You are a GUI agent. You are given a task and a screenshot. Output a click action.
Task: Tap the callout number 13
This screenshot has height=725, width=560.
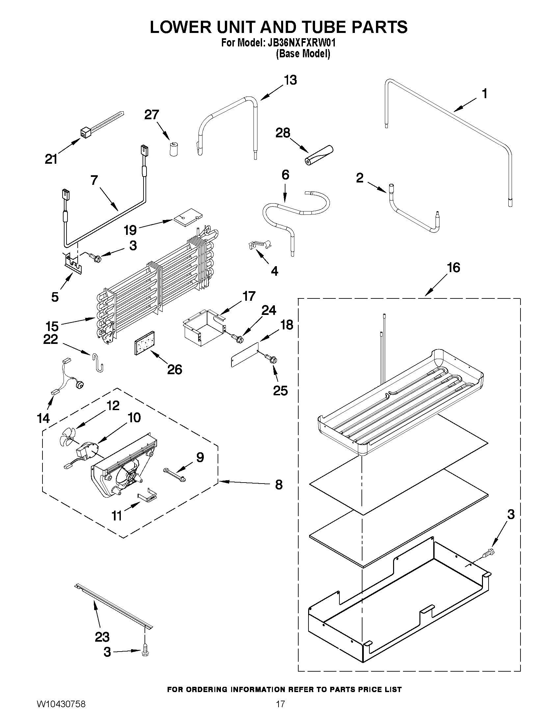(290, 80)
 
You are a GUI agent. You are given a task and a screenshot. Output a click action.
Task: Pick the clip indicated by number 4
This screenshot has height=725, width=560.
(259, 245)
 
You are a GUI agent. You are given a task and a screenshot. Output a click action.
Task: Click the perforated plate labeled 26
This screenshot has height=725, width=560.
(145, 343)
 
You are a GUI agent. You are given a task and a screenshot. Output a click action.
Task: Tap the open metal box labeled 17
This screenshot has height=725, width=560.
(204, 327)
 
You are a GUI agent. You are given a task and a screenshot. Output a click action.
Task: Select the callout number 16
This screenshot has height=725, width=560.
(454, 267)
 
